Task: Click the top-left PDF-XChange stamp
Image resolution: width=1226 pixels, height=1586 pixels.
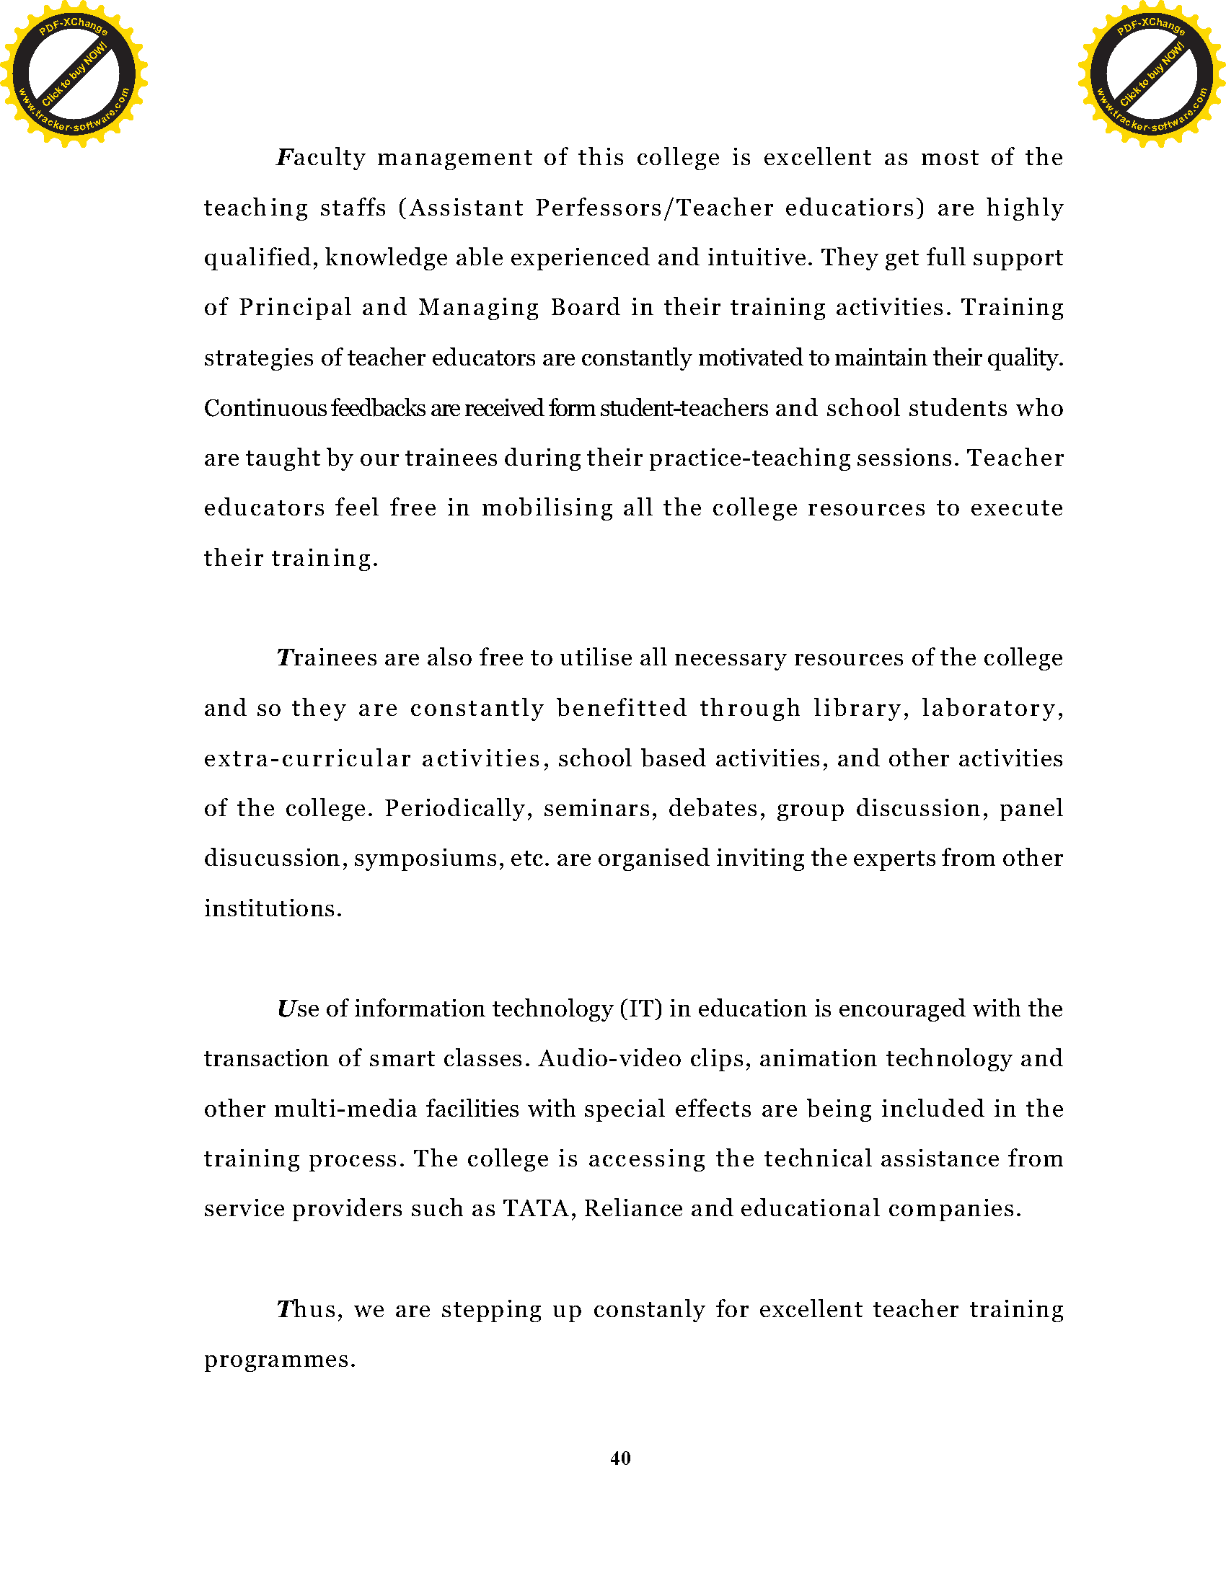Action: point(74,74)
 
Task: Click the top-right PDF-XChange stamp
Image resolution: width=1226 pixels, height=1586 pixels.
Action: point(1152,74)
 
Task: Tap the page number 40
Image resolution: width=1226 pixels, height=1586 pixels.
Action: point(620,1458)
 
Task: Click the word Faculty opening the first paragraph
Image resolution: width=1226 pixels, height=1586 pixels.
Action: point(321,159)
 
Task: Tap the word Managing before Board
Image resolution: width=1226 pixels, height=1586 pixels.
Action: point(479,308)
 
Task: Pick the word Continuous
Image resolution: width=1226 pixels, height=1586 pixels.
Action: point(265,408)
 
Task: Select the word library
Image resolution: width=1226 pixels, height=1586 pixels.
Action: point(860,708)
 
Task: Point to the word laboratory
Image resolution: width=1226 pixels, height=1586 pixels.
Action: point(993,708)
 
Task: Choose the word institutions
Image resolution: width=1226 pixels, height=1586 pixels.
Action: point(273,908)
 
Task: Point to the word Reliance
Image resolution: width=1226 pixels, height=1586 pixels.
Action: point(633,1208)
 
